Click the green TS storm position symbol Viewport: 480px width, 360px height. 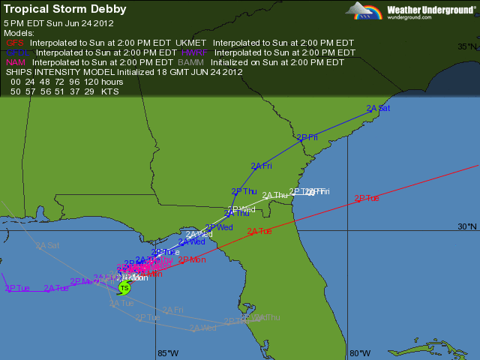click(x=124, y=288)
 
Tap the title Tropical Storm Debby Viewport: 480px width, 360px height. click(x=65, y=10)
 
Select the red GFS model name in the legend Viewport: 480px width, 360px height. click(x=15, y=43)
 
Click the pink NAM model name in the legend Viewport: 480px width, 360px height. click(x=16, y=62)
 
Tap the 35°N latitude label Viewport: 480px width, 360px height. click(x=466, y=46)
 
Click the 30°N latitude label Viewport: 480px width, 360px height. click(x=466, y=226)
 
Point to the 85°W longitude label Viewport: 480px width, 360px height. click(x=167, y=352)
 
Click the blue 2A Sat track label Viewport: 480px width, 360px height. click(x=379, y=108)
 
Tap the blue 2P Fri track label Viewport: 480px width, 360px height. click(x=307, y=137)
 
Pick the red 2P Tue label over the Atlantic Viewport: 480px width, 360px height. click(x=367, y=198)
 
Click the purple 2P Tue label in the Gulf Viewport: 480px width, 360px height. click(x=17, y=288)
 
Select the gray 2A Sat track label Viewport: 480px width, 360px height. click(x=46, y=245)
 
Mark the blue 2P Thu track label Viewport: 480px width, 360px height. click(x=244, y=191)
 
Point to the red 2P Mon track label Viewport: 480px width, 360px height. click(x=192, y=259)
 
